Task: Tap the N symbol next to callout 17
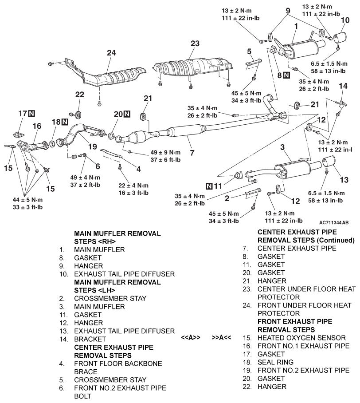pyautogui.click(x=32, y=114)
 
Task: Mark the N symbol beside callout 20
pyautogui.click(x=127, y=114)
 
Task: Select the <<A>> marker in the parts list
pyautogui.click(x=191, y=337)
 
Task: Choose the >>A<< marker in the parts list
pyautogui.click(x=222, y=337)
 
